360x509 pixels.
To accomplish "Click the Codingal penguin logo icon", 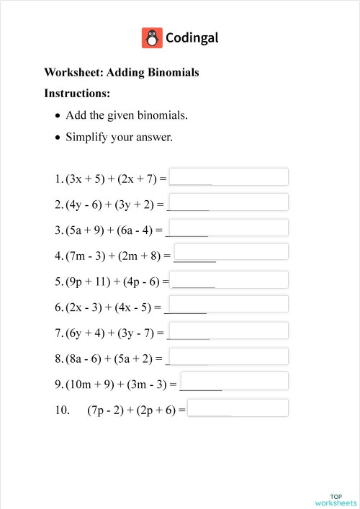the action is [151, 37].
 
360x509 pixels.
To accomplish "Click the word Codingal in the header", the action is [192, 37].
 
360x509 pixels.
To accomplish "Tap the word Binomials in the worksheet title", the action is [174, 73].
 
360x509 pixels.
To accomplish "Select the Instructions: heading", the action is [77, 94].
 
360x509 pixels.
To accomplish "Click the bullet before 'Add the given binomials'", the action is [58, 115].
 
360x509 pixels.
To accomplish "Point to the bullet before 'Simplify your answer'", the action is [58, 137].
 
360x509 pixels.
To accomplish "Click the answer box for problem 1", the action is [228, 176].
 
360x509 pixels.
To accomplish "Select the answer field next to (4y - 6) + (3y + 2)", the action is [228, 202].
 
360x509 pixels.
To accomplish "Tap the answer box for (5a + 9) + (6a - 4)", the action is [228, 228].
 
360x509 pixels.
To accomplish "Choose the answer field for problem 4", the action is [231, 252].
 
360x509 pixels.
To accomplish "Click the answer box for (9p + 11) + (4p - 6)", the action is [230, 280].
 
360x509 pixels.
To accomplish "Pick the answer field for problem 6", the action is [227, 304].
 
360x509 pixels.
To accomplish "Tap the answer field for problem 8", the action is [228, 356].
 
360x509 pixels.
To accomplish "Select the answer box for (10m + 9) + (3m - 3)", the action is [235, 381].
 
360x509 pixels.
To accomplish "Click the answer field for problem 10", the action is [238, 407].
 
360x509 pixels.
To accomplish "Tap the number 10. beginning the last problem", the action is [62, 411].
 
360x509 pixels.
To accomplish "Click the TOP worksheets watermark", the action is [336, 500].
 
